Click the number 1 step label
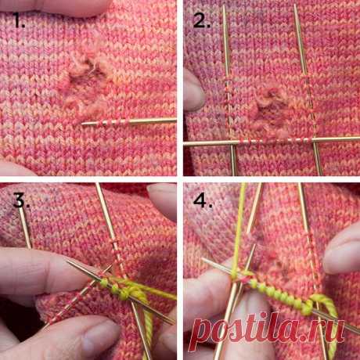(18, 20)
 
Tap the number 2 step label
(201, 20)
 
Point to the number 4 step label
(202, 200)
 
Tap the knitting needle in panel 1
(129, 122)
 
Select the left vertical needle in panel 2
(229, 88)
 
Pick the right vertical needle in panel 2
(308, 88)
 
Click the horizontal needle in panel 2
(272, 141)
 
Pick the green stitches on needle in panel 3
(115, 288)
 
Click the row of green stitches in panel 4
(280, 295)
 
